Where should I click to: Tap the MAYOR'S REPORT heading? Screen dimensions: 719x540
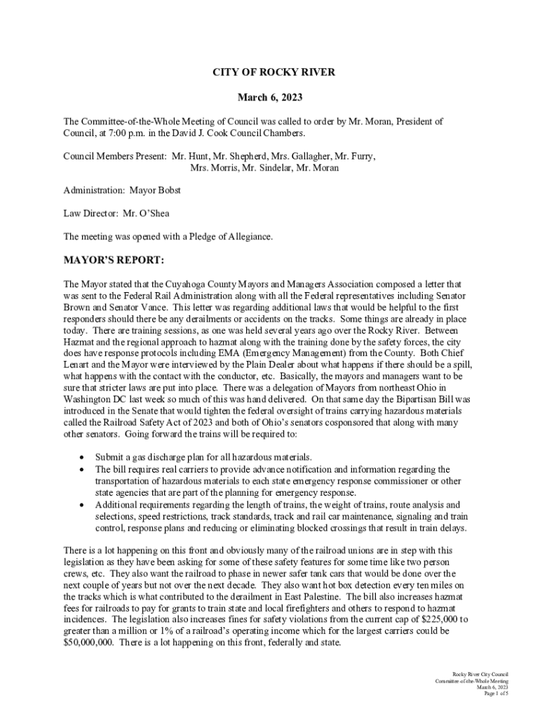pos(114,261)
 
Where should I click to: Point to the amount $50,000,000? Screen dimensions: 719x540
pos(89,641)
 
